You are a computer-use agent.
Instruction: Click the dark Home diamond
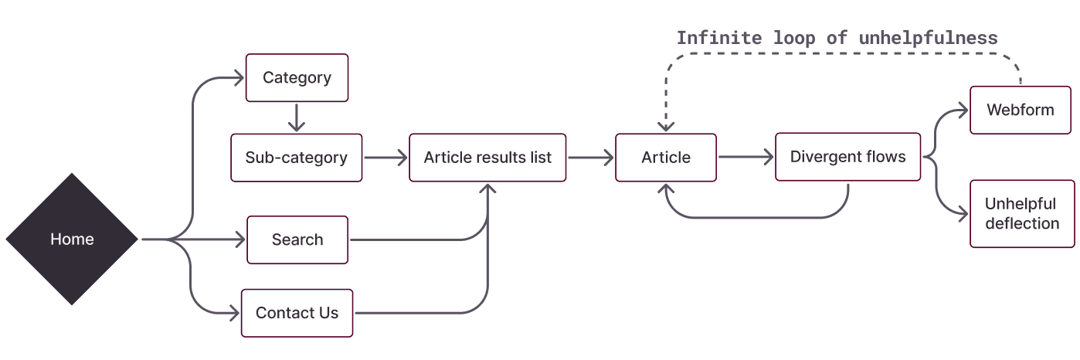(x=72, y=239)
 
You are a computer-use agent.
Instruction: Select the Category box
(x=297, y=77)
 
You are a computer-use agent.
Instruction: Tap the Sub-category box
(x=296, y=158)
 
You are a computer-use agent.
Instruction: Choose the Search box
(x=297, y=239)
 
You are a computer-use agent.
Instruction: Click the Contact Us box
(x=297, y=313)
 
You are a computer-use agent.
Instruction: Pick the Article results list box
(x=487, y=158)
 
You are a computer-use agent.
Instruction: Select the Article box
(x=665, y=158)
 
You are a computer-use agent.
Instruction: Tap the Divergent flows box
(x=847, y=157)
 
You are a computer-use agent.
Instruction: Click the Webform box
(x=1020, y=110)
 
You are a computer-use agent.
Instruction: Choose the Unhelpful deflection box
(x=1021, y=213)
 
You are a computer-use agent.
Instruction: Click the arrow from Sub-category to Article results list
(x=385, y=158)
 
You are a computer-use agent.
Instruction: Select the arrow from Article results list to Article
(x=590, y=158)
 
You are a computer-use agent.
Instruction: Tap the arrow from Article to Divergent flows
(x=745, y=158)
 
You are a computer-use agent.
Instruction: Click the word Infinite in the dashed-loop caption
(x=718, y=38)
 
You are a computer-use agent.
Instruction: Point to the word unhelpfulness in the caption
(x=928, y=38)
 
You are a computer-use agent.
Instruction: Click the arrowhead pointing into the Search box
(x=240, y=239)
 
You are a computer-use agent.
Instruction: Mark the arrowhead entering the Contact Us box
(x=234, y=313)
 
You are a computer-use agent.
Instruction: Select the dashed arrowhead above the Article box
(x=665, y=127)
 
